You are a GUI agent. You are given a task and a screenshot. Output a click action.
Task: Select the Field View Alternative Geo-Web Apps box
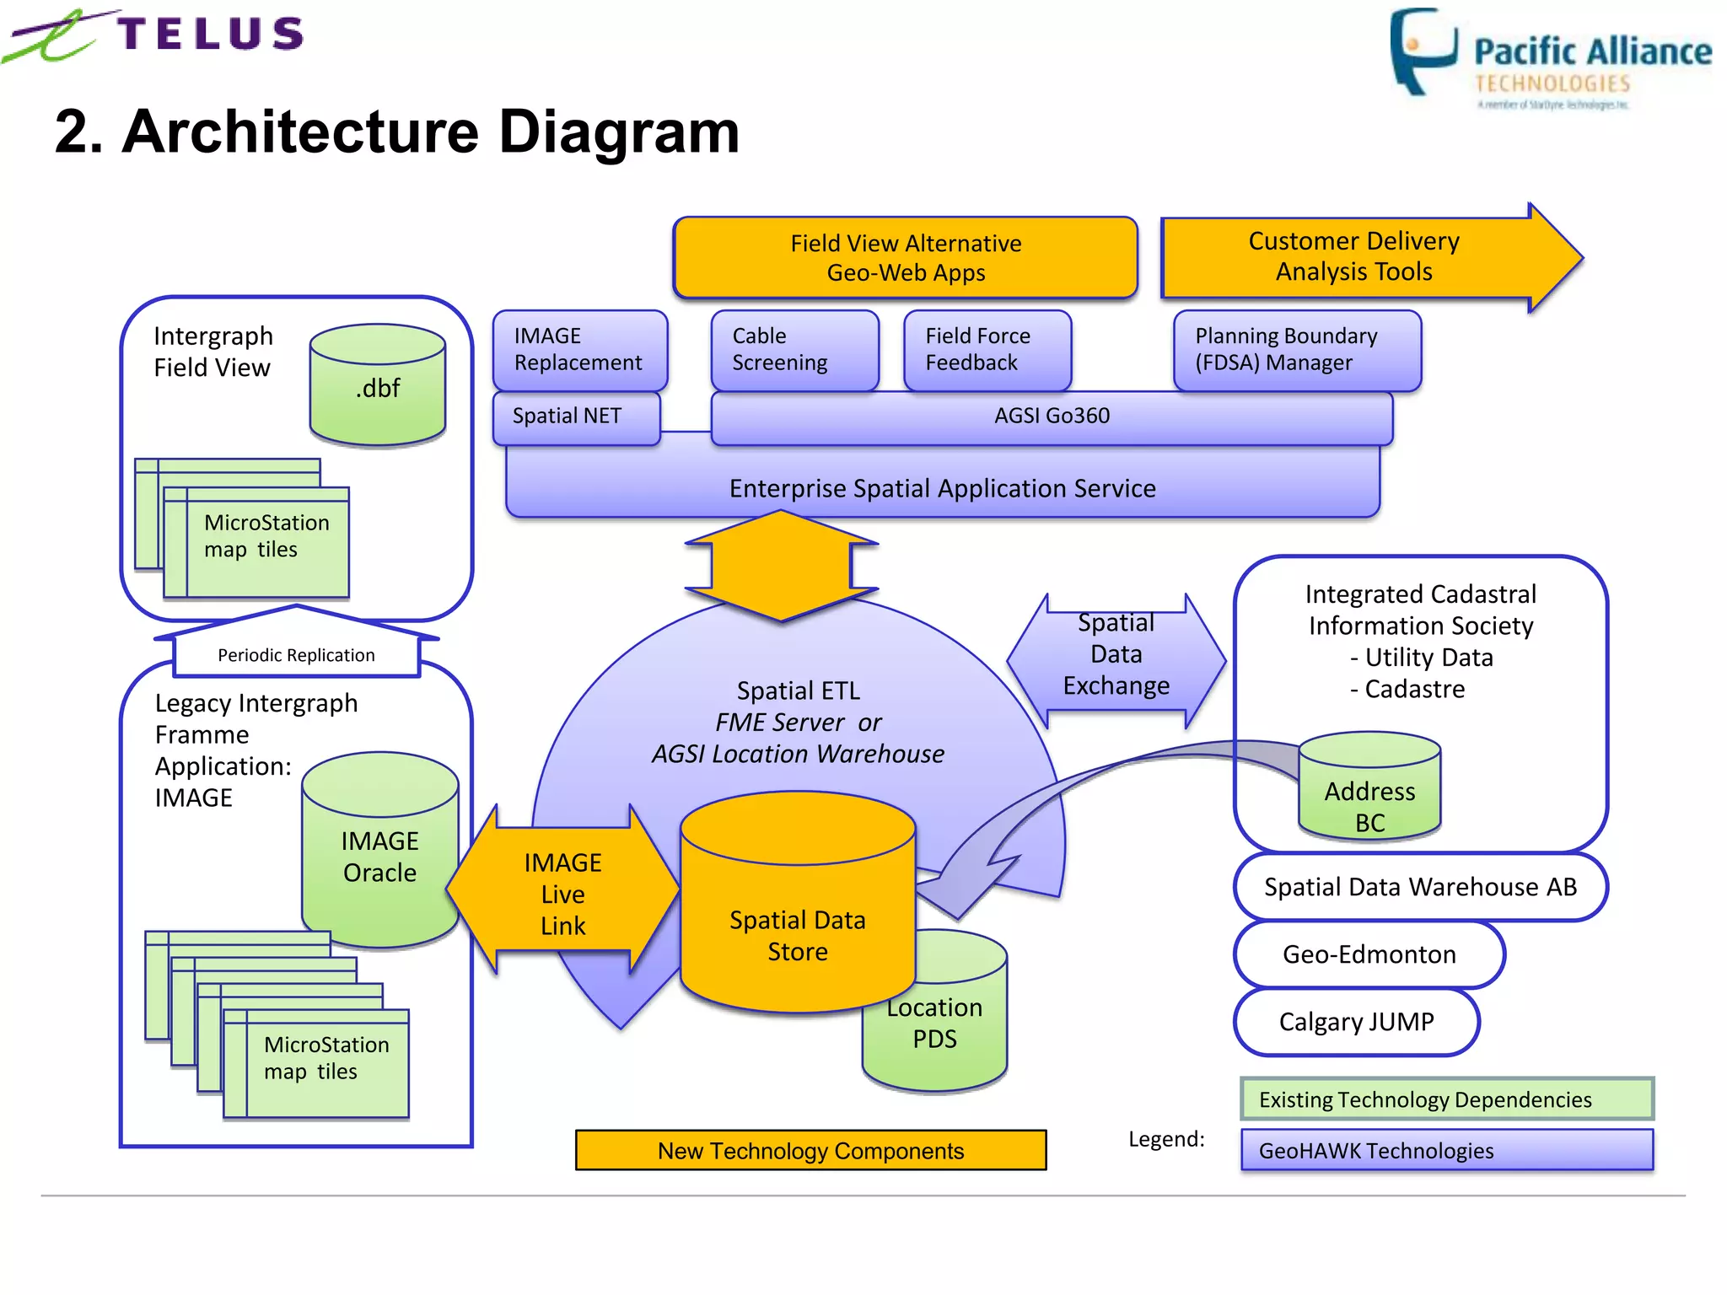pyautogui.click(x=905, y=258)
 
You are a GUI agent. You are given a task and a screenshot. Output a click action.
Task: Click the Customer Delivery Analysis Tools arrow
pyautogui.click(x=1353, y=256)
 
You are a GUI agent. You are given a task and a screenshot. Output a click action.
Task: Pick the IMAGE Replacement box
pyautogui.click(x=579, y=349)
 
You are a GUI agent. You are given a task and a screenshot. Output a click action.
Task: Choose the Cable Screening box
pyautogui.click(x=794, y=349)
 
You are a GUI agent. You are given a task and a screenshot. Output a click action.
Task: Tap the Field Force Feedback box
pyautogui.click(x=987, y=349)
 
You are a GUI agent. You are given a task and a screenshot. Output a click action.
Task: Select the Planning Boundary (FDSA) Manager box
pyautogui.click(x=1296, y=349)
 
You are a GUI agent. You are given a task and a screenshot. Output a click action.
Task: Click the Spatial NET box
pyautogui.click(x=575, y=416)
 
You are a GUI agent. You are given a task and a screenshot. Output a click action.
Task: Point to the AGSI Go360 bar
pyautogui.click(x=1051, y=416)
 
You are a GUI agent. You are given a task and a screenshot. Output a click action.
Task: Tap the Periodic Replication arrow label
pyautogui.click(x=296, y=655)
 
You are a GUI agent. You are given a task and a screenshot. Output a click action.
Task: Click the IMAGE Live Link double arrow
pyautogui.click(x=562, y=894)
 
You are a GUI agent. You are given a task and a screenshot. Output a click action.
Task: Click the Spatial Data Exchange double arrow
pyautogui.click(x=1116, y=655)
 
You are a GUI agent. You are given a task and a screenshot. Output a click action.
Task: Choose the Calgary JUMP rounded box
pyautogui.click(x=1356, y=1022)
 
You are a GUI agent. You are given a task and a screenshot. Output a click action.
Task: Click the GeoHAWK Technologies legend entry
pyautogui.click(x=1446, y=1151)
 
